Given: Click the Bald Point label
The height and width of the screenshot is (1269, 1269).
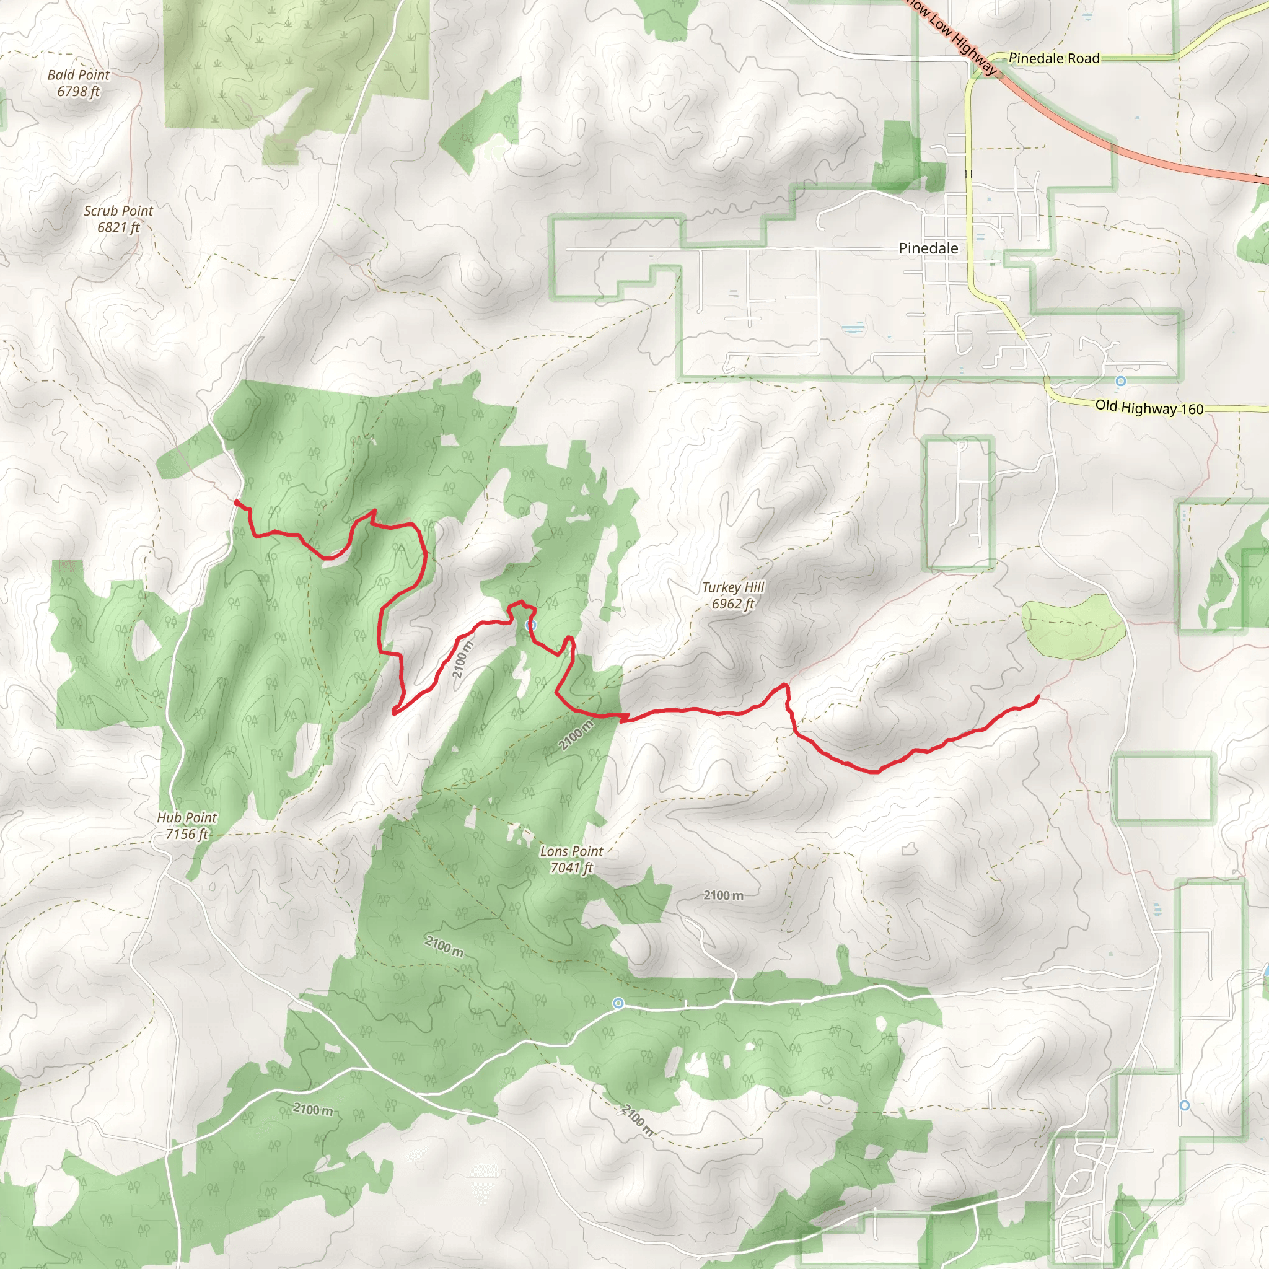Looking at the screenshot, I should point(78,75).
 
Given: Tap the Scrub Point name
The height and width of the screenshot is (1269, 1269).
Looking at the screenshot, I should point(118,211).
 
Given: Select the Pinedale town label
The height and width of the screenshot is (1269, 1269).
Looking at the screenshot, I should point(928,248).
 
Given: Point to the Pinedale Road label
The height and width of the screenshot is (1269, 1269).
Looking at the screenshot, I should point(1053,58).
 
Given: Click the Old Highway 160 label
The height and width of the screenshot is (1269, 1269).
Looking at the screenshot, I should point(1149,408).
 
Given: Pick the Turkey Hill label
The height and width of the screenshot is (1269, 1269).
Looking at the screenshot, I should point(733,587).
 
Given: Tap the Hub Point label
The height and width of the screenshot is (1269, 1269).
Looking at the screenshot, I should point(187,818).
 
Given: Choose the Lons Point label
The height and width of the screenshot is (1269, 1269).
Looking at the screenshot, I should point(571,851).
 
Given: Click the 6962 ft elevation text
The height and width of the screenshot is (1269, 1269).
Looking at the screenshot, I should point(733,604).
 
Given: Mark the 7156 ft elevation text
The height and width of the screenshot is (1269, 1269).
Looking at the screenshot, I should point(187,834).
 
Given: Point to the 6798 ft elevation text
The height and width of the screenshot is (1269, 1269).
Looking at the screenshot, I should point(78,91).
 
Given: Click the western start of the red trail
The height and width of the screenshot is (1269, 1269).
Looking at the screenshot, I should point(237,503).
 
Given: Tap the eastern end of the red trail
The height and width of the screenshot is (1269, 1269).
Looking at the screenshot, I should point(1037,696).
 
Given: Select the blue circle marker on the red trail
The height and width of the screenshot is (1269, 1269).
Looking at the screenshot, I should point(532,625).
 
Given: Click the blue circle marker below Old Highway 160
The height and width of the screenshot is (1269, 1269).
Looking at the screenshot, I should point(1121,381).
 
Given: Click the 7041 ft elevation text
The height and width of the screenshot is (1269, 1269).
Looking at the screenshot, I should point(571,867).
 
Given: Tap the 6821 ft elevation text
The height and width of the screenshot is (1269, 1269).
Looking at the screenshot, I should point(118,227).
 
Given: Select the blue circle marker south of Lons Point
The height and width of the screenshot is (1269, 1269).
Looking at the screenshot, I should point(618,1003).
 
